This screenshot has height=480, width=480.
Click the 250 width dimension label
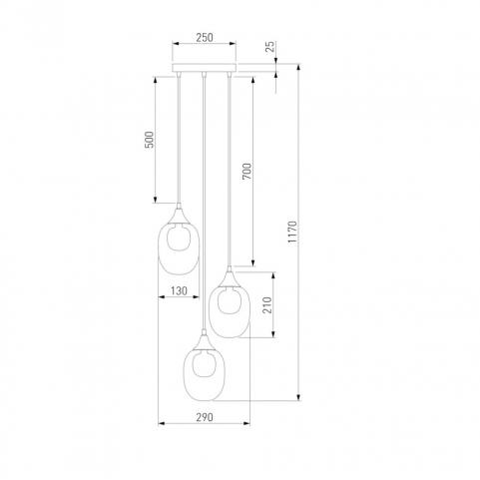pyautogui.click(x=205, y=38)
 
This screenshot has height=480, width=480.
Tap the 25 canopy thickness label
pyautogui.click(x=271, y=46)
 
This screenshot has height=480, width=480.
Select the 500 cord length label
pyautogui.click(x=150, y=140)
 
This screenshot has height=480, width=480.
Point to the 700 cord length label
pyautogui.click(x=247, y=171)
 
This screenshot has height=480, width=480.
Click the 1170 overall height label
pyautogui.click(x=292, y=233)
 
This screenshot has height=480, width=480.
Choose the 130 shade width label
pyautogui.click(x=179, y=291)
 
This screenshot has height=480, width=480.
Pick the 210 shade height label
pyautogui.click(x=267, y=305)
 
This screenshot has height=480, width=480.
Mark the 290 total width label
pyautogui.click(x=205, y=417)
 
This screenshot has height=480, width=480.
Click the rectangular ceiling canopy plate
pyautogui.click(x=204, y=68)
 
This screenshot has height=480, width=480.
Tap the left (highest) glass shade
pyautogui.click(x=179, y=248)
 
